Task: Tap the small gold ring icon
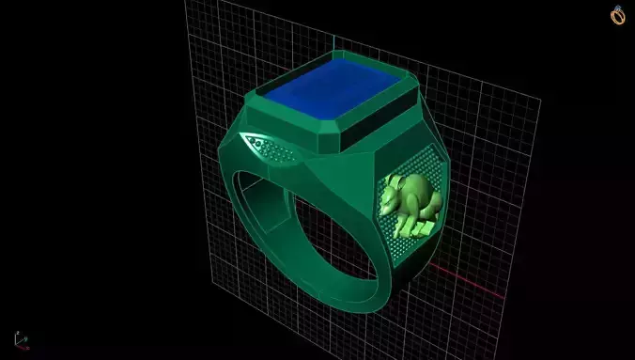click(618, 16)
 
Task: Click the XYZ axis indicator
click(20, 340)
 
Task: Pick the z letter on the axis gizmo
click(14, 334)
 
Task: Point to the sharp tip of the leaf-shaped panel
click(242, 138)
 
